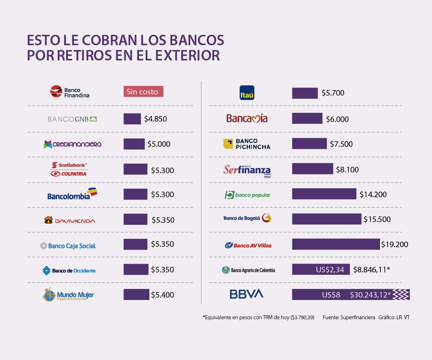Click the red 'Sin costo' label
point(143,92)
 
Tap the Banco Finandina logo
point(70,92)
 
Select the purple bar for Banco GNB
point(132,119)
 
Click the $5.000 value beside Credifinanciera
point(159,144)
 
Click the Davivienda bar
point(135,219)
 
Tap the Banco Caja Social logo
point(68,246)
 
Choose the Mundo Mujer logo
point(68,295)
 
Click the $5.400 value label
point(162,295)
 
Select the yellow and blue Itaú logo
point(247,93)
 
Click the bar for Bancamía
point(307,118)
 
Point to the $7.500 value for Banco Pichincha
point(341,144)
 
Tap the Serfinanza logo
point(247,170)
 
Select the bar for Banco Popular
point(324,194)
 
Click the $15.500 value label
point(377,219)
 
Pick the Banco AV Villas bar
point(336,244)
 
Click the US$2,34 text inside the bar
point(330,270)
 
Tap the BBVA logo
point(246,294)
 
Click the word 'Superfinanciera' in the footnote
point(358,317)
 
